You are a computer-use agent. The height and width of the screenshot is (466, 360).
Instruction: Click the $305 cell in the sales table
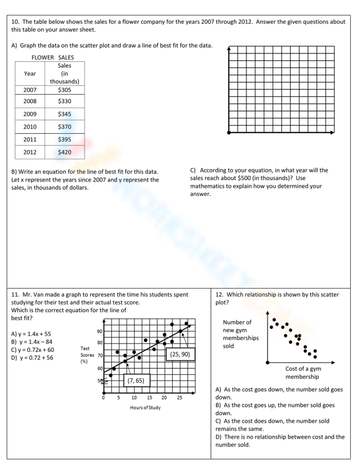pos(64,89)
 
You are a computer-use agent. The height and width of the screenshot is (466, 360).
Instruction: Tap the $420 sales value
pos(64,152)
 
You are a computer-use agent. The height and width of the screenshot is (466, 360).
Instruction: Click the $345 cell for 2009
pos(64,114)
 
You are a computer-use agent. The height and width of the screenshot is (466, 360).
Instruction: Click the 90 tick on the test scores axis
pos(99,331)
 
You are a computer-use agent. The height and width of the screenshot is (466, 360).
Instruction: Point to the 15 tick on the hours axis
pos(149,398)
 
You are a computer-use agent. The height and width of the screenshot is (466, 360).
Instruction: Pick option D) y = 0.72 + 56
pos(32,358)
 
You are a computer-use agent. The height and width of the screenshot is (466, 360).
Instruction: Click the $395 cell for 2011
pos(64,139)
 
